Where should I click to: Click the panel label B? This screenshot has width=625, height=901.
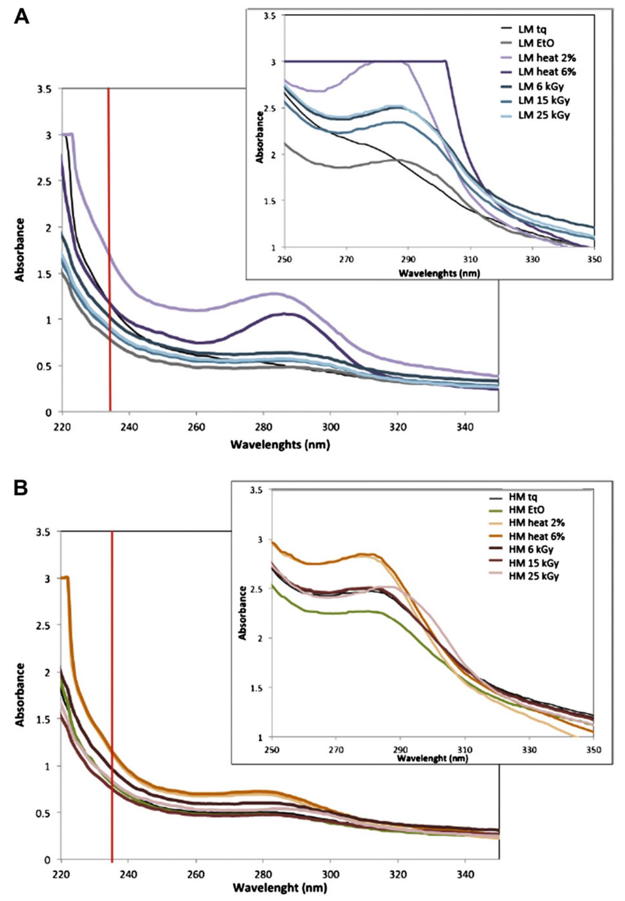[x=21, y=488]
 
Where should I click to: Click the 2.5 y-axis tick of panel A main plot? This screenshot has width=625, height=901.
[x=46, y=181]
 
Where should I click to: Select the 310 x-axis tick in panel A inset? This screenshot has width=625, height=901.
[x=470, y=260]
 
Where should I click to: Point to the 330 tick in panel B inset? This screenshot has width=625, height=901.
[x=529, y=750]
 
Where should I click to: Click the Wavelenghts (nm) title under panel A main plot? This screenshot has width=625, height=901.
[x=280, y=444]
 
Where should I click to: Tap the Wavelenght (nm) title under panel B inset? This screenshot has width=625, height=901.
[x=432, y=758]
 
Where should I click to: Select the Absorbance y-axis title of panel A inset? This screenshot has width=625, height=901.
[x=259, y=137]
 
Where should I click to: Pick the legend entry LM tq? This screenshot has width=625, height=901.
[x=532, y=29]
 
